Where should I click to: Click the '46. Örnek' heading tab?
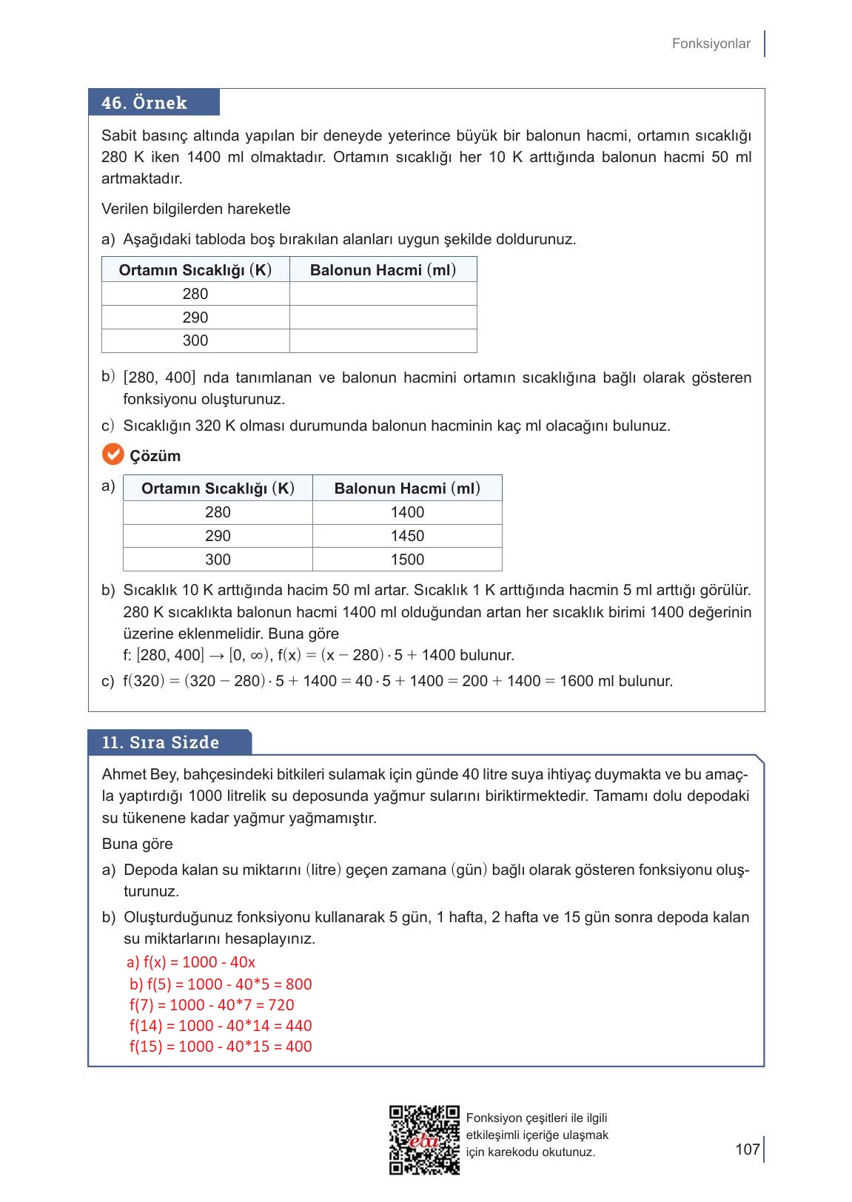click(153, 103)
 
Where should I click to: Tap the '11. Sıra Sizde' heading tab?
click(169, 742)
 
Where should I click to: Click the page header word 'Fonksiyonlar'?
click(711, 44)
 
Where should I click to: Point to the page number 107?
click(748, 1149)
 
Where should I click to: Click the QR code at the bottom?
click(424, 1140)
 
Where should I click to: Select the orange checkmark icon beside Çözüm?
click(113, 454)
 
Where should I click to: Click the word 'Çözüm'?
click(155, 456)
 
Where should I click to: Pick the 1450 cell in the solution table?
click(407, 536)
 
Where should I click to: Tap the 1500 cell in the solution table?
click(407, 560)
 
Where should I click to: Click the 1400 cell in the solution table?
click(407, 512)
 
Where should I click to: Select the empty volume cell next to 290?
click(383, 318)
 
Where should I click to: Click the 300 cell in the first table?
click(195, 340)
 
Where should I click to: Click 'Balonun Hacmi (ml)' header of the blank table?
click(383, 270)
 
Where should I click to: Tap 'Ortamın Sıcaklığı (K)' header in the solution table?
click(218, 488)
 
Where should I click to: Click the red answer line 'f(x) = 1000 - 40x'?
click(191, 962)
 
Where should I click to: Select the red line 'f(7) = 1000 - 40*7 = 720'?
click(212, 1005)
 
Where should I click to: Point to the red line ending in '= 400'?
click(221, 1047)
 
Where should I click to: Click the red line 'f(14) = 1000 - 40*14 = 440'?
click(221, 1026)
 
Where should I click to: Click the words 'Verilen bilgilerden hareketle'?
click(196, 209)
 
